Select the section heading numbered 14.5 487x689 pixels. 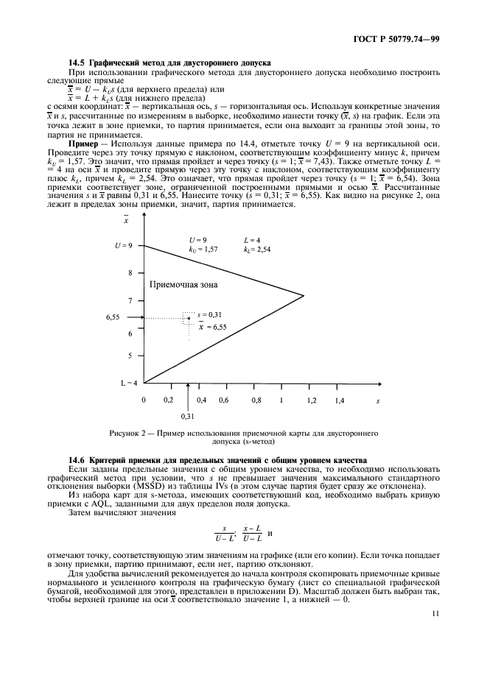click(x=169, y=64)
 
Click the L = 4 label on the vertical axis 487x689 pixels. click(x=128, y=382)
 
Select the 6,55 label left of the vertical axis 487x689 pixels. click(x=113, y=317)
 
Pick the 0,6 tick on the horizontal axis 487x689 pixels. click(x=224, y=400)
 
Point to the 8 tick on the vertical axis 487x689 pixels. click(x=130, y=272)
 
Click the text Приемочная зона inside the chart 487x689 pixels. click(x=183, y=284)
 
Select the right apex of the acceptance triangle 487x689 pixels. click(x=304, y=296)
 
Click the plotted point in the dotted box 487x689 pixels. click(x=189, y=318)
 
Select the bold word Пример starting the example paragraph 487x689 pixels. click(x=83, y=142)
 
